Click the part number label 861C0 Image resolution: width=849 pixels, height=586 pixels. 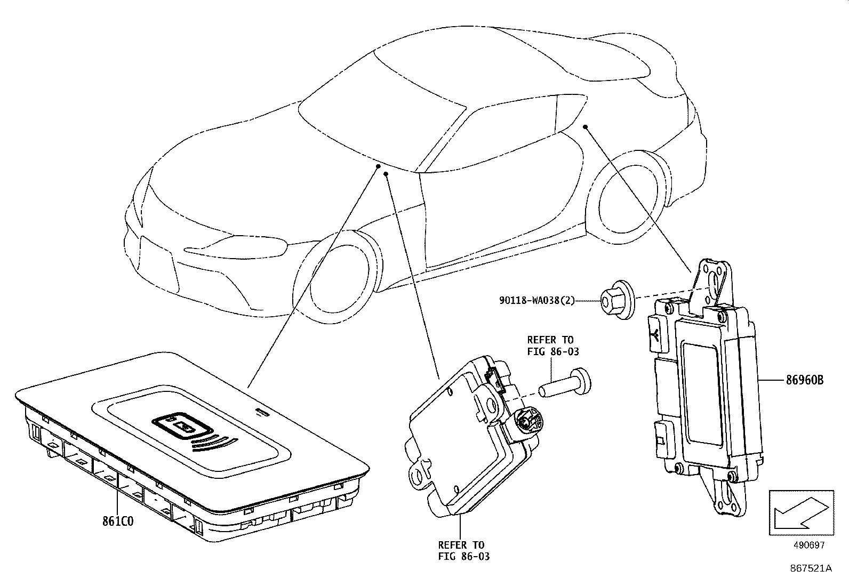(119, 520)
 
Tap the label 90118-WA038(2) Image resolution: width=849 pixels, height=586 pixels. (537, 301)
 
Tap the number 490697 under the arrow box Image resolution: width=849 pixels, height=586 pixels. (808, 545)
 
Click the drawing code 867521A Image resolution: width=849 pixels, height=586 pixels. (811, 568)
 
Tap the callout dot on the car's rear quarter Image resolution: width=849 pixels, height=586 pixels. (585, 127)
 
